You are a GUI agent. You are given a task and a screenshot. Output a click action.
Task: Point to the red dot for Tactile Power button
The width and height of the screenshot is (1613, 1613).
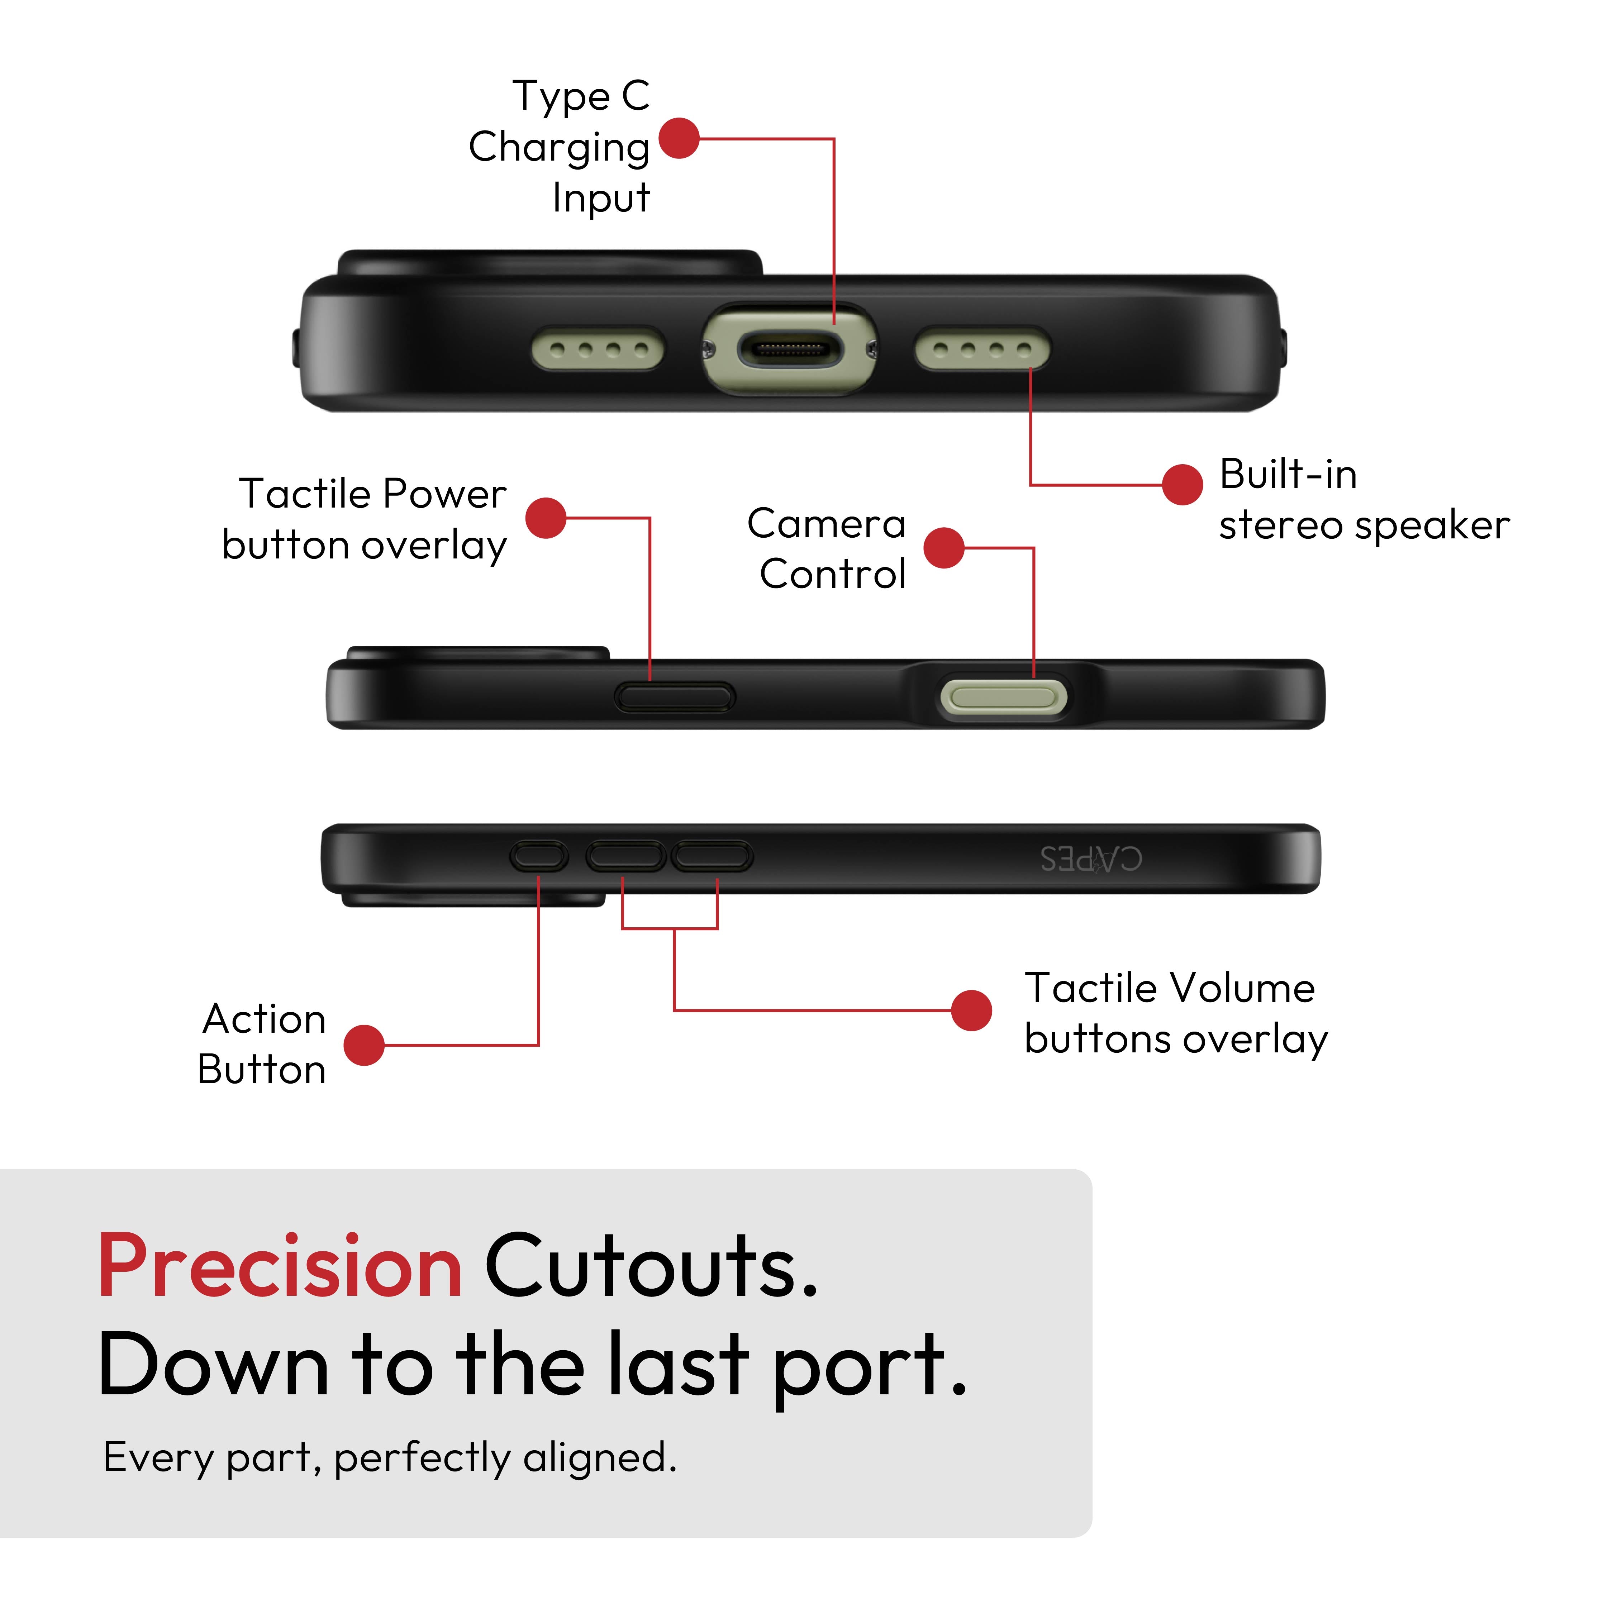546,518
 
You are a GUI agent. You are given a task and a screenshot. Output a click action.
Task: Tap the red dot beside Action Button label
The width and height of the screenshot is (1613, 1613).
364,1045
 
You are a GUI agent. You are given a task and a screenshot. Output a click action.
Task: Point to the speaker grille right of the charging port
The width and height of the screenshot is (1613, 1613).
982,349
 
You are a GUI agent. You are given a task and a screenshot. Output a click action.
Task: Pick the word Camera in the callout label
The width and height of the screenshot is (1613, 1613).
827,524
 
